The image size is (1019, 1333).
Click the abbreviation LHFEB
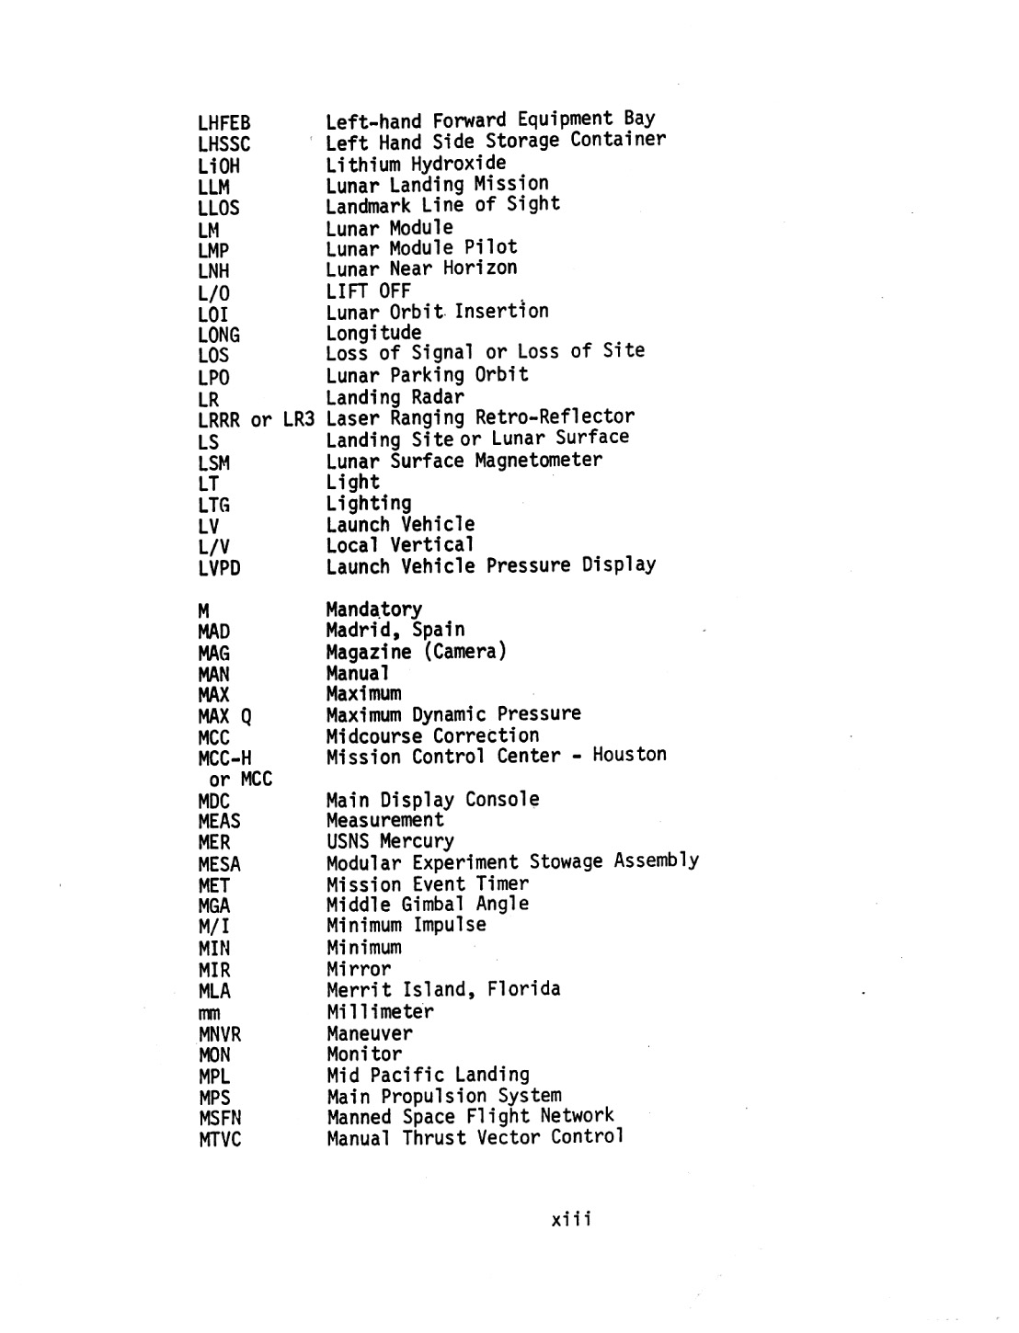223,123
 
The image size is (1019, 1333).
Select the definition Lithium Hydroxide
416,165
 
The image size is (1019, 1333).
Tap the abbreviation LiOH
218,166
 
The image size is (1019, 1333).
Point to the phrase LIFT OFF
368,291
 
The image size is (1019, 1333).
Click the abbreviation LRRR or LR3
256,420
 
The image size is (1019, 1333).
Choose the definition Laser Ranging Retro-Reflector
480,417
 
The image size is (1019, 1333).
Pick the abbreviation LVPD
219,569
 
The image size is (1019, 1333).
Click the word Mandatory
374,610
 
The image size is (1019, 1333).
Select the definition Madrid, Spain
395,631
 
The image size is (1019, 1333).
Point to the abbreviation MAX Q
224,717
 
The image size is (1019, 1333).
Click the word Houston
629,756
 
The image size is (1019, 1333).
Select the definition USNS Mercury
390,841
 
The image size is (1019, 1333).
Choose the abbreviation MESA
219,865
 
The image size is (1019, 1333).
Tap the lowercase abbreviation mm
209,1014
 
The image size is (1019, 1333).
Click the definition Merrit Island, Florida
443,990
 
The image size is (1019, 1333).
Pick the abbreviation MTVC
220,1141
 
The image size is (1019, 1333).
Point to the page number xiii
571,1220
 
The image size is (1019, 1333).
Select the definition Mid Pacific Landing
429,1075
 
